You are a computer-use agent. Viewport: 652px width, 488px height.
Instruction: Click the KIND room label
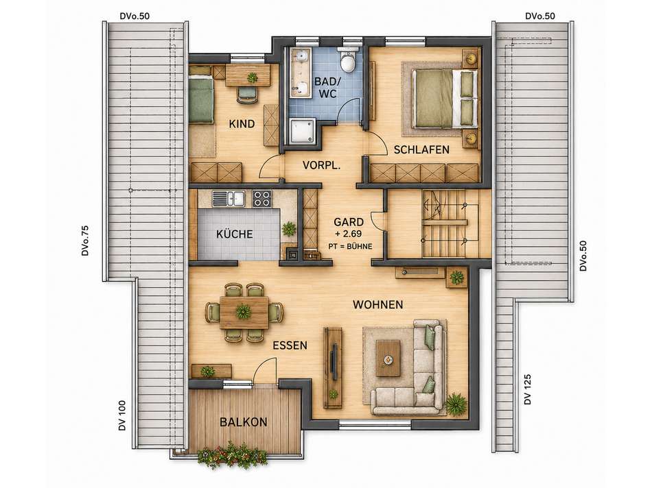pyautogui.click(x=242, y=124)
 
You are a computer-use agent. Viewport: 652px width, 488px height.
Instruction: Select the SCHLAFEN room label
pyautogui.click(x=421, y=149)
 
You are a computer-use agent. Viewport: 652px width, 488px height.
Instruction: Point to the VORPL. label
pyautogui.click(x=321, y=165)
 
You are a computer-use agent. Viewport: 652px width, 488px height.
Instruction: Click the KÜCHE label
pyautogui.click(x=235, y=234)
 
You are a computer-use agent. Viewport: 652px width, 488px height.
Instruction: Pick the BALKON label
pyautogui.click(x=243, y=422)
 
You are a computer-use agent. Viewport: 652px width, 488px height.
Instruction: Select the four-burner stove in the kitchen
pyautogui.click(x=262, y=199)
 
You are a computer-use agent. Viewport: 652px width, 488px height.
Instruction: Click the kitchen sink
pyautogui.click(x=229, y=199)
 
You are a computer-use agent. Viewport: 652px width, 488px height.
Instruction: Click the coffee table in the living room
pyautogui.click(x=388, y=358)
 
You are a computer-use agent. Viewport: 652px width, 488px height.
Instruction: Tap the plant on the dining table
pyautogui.click(x=243, y=311)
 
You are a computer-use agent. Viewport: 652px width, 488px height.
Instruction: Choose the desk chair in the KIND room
pyautogui.click(x=246, y=95)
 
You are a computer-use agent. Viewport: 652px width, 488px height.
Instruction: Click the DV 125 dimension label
pyautogui.click(x=528, y=389)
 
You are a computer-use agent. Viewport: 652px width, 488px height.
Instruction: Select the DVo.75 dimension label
pyautogui.click(x=86, y=240)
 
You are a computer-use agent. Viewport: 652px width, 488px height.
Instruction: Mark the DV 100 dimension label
pyautogui.click(x=122, y=415)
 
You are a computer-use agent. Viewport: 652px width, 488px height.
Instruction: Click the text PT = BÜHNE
pyautogui.click(x=350, y=246)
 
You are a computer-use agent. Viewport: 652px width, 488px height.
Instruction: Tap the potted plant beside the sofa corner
pyautogui.click(x=456, y=403)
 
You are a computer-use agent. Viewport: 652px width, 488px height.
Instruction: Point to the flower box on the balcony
pyautogui.click(x=233, y=456)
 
